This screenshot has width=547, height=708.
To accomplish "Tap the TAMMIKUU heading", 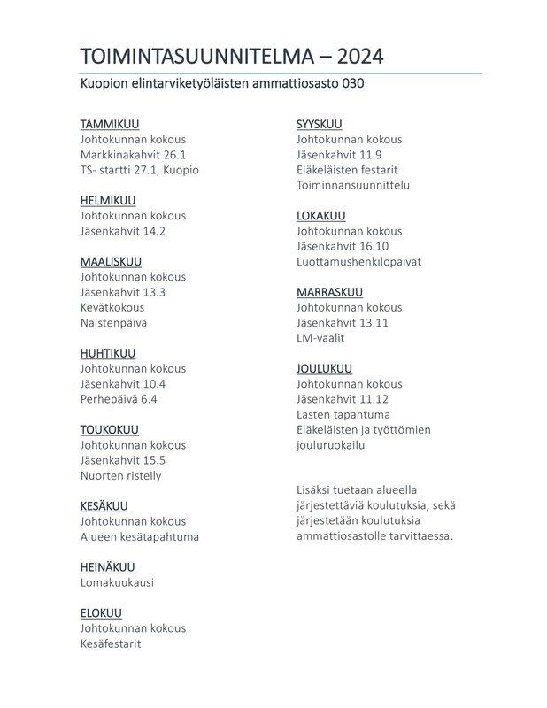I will (x=110, y=124).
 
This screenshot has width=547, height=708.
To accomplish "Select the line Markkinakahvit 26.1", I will (x=133, y=154).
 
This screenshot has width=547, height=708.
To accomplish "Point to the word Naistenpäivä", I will (x=114, y=323).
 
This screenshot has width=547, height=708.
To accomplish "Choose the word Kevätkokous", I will (x=112, y=307).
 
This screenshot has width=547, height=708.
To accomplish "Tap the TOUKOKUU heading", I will (x=110, y=430).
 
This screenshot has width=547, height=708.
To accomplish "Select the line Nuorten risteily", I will (x=120, y=475).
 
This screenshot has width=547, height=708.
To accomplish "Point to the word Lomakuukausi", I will (x=117, y=582).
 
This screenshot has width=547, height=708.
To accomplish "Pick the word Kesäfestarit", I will (x=111, y=643).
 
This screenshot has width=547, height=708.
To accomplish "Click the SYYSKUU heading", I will (x=319, y=124).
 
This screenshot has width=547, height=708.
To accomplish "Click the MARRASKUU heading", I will (x=329, y=292).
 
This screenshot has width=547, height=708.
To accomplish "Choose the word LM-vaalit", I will (x=320, y=338).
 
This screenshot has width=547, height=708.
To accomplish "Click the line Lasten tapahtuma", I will (x=343, y=414).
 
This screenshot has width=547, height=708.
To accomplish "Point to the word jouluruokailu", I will (x=331, y=445).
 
